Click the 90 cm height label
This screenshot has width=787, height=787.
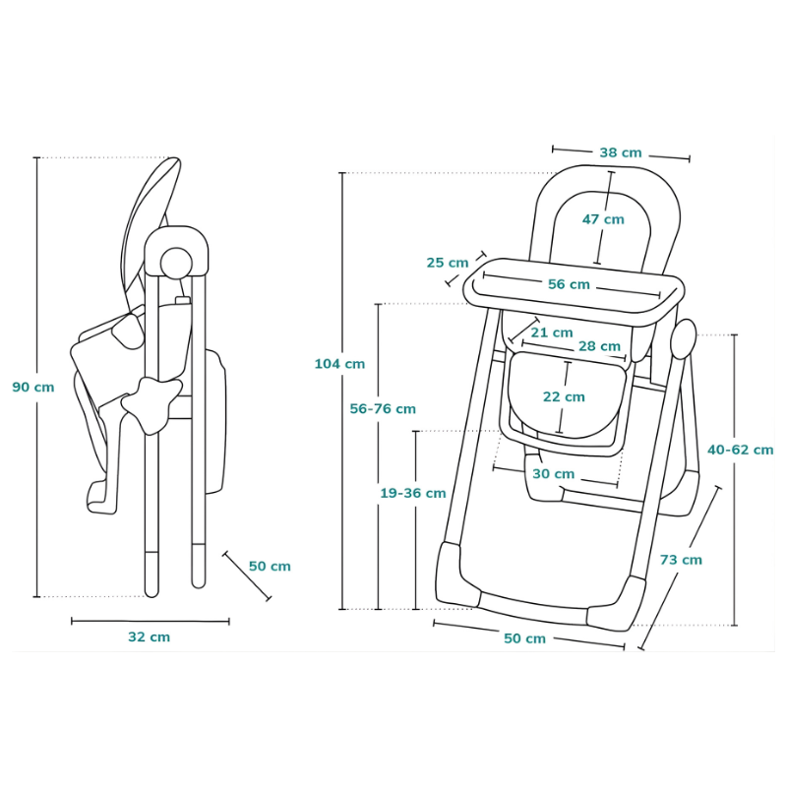[x=33, y=387]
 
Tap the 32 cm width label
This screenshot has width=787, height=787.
[x=149, y=636]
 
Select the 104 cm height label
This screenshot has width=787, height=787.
[x=339, y=364]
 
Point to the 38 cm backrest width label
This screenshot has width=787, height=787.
[x=620, y=152]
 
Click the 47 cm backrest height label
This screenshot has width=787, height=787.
[x=602, y=219]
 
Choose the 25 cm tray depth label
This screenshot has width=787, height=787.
[x=448, y=263]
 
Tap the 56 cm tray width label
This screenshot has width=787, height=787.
[x=569, y=284]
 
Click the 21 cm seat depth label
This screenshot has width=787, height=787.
[x=551, y=333]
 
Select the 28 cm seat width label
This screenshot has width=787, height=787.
[x=599, y=346]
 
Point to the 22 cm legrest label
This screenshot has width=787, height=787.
[x=564, y=396]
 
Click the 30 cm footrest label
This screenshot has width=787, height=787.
[x=553, y=473]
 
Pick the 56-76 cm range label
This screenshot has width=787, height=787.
[x=383, y=408]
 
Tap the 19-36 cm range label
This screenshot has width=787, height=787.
[x=413, y=493]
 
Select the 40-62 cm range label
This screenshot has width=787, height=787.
[x=740, y=450]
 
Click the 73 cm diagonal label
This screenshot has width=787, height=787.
[x=681, y=560]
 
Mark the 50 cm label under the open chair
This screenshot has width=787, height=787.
[x=524, y=638]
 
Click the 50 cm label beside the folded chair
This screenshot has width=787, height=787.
[x=270, y=566]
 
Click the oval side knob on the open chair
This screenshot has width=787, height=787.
[x=682, y=338]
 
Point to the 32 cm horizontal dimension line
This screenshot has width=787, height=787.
[x=150, y=621]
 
